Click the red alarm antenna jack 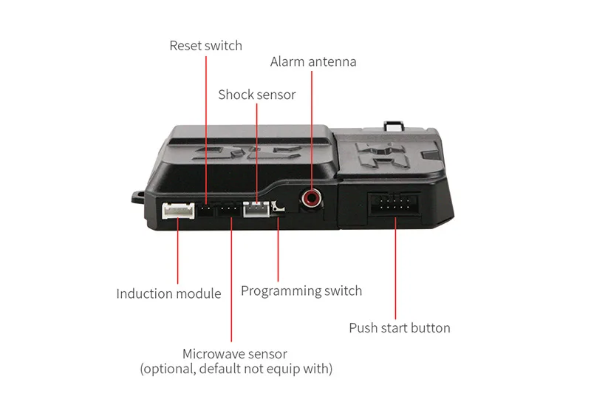click(312, 197)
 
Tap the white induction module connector click(178, 211)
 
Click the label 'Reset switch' click(205, 46)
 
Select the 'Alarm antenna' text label click(313, 61)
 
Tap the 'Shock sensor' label click(256, 95)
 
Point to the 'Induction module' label click(168, 293)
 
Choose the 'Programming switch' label click(301, 290)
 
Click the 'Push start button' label click(399, 327)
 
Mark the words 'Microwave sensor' click(235, 354)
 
